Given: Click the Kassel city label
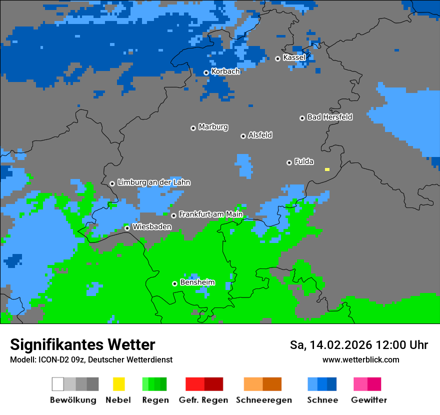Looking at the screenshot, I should (x=294, y=57).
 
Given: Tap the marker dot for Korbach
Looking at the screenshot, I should (x=206, y=73).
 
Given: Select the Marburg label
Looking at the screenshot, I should (x=213, y=127).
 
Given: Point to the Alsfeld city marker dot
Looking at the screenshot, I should (x=243, y=136).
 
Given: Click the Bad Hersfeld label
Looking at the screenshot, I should (x=329, y=117).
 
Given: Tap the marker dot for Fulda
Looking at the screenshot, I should (x=289, y=162).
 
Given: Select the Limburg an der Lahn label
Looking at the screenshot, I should (x=153, y=182).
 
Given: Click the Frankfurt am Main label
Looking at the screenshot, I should (x=210, y=214).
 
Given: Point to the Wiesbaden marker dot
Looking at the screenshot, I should (x=127, y=228).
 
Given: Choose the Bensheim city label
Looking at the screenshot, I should (x=197, y=282).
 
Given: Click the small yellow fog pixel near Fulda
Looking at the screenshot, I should (x=327, y=169).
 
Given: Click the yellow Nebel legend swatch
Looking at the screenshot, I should (x=118, y=384).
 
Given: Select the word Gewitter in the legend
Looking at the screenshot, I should (x=368, y=400).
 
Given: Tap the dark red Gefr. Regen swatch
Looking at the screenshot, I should (x=213, y=384).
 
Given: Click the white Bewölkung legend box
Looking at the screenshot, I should (x=58, y=384).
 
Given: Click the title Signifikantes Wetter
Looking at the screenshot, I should (x=82, y=344).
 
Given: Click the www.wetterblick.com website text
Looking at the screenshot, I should (x=360, y=359).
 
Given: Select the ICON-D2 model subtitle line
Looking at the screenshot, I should (x=91, y=359).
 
